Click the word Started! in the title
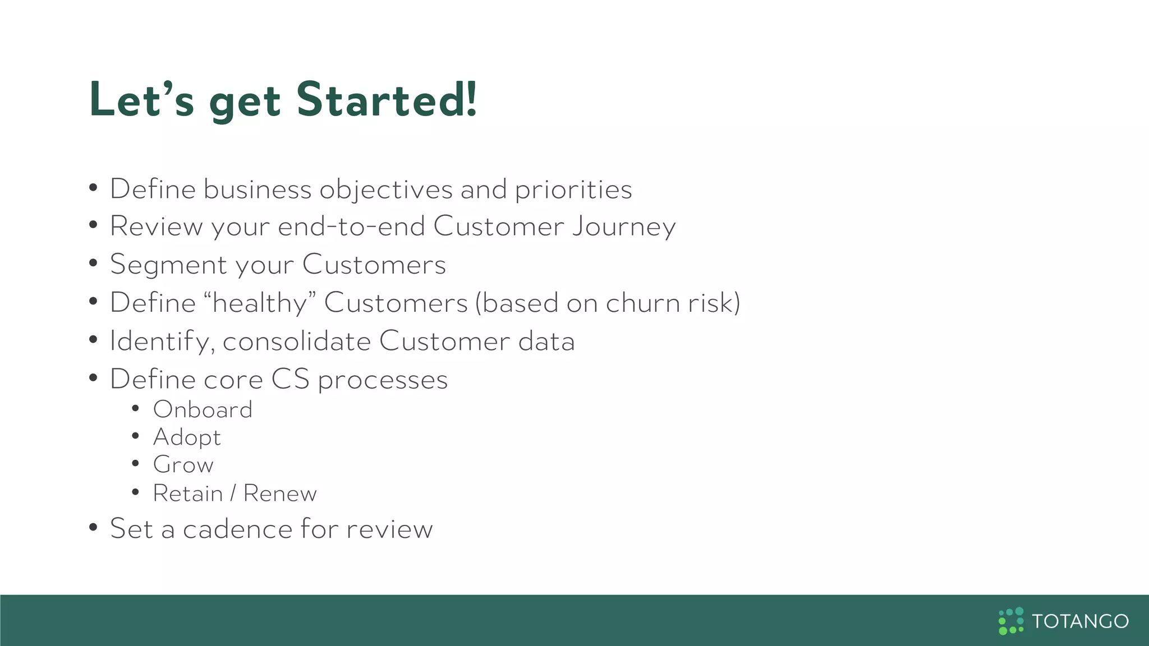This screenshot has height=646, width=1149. click(x=387, y=100)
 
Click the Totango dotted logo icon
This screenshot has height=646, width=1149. click(x=1011, y=621)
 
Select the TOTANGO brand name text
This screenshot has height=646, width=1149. click(x=1080, y=621)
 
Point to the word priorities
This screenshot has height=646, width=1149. click(x=573, y=190)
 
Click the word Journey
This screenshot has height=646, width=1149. click(x=624, y=227)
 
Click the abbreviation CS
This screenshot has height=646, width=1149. click(x=290, y=379)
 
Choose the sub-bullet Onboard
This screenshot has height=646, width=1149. click(x=203, y=410)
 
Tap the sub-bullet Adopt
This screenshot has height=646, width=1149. click(x=187, y=437)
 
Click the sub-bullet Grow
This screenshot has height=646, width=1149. click(x=183, y=465)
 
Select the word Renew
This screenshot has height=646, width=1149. click(x=280, y=493)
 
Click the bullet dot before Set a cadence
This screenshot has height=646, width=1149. click(x=93, y=527)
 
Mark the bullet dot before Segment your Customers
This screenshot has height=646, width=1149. click(x=93, y=263)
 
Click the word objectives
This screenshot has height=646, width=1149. click(x=386, y=190)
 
